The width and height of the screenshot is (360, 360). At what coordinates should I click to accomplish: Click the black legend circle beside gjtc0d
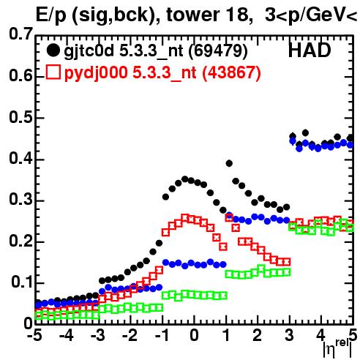point(53,50)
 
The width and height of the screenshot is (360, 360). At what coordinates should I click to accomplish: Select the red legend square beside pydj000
point(53,72)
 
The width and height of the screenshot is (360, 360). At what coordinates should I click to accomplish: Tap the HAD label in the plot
point(310,50)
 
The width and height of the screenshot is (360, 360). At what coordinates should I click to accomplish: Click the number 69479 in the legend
point(218,50)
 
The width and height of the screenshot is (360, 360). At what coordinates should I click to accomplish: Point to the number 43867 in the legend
point(231,72)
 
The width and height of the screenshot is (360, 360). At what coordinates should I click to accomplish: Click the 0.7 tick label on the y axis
point(20,34)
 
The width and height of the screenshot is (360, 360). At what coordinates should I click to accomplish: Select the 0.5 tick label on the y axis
point(20,117)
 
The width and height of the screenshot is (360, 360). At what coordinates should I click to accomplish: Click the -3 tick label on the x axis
point(97,335)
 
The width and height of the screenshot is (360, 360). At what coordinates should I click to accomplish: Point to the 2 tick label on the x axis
point(257,335)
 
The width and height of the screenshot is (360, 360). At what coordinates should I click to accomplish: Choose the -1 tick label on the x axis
point(162,335)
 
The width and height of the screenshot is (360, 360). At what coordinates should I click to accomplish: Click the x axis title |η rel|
point(338,348)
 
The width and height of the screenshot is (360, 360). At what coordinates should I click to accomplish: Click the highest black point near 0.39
point(229,163)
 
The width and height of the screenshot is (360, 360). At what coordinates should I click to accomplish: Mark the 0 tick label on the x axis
point(194,335)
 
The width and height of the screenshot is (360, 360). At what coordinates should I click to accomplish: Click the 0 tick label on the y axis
point(28,323)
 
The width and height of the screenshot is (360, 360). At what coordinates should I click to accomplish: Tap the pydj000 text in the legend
point(96,73)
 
